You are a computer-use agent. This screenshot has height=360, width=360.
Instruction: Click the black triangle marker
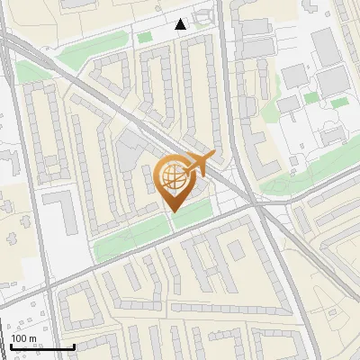coord(182,24)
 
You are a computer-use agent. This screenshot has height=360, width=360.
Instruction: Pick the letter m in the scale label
coord(34,337)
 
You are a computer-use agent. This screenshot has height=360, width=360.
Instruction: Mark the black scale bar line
coord(41,346)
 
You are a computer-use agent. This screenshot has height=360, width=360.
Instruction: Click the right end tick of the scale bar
coord(74,345)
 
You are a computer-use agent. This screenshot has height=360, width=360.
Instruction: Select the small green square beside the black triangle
coord(144,36)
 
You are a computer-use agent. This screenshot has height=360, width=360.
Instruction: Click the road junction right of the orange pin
coord(256,205)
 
